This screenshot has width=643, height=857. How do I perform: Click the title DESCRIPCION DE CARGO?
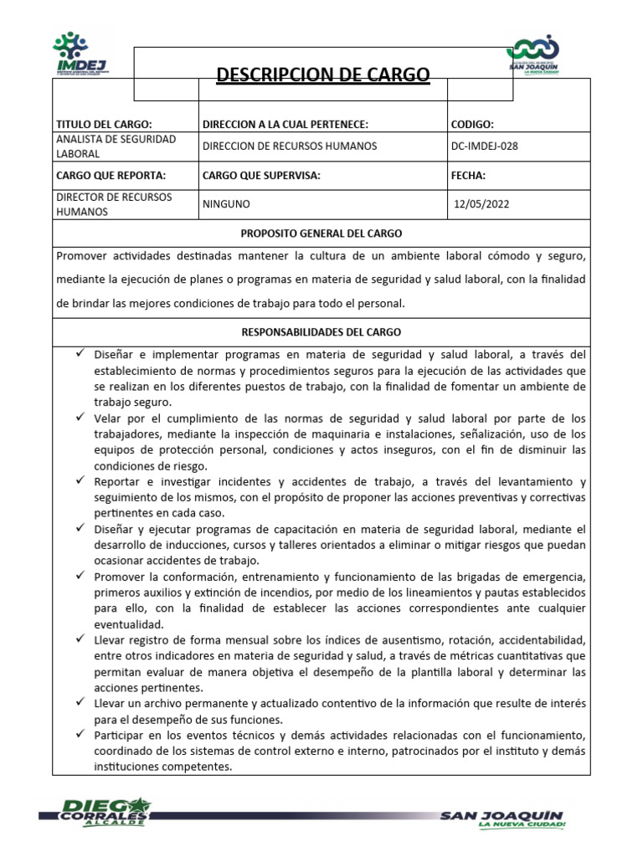[x=322, y=76]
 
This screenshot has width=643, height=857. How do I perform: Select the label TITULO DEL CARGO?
[x=103, y=124]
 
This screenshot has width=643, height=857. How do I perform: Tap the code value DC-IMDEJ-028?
[x=484, y=146]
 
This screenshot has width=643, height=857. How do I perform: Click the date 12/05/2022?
[x=480, y=203]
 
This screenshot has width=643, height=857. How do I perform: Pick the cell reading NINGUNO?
[x=226, y=203]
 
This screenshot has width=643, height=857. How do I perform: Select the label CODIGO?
[x=472, y=124]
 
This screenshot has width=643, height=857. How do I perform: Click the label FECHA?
[x=468, y=176]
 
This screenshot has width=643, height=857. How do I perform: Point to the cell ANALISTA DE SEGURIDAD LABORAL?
[x=115, y=146]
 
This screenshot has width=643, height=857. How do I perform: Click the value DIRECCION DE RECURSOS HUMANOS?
[x=290, y=146]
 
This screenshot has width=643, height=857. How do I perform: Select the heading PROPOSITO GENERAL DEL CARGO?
[x=321, y=233]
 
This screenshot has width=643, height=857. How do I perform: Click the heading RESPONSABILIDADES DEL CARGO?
[x=321, y=331]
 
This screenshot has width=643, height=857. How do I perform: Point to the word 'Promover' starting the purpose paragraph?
[x=82, y=254]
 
